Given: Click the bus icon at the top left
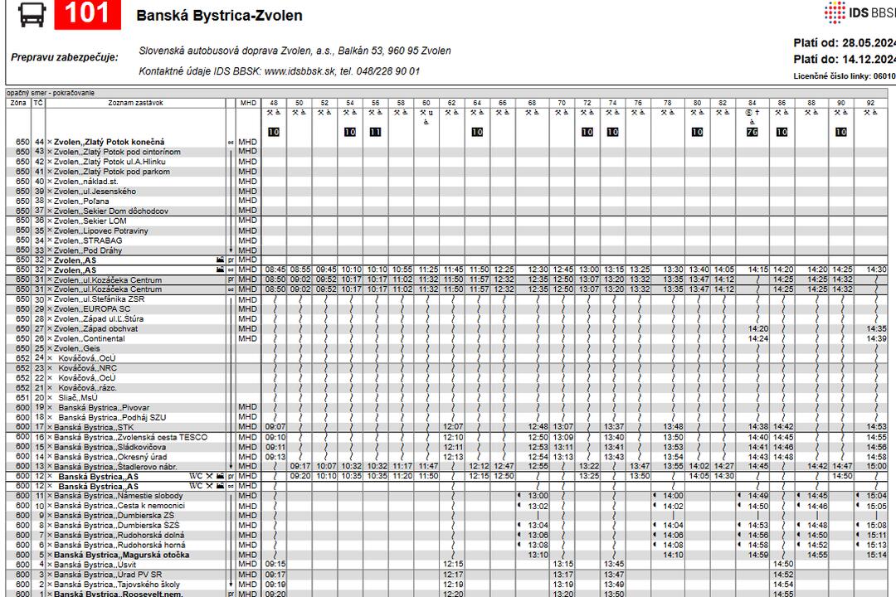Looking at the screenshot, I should tap(32, 14).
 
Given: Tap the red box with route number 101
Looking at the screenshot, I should tap(87, 14).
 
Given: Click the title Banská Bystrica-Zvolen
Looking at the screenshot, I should tap(219, 16).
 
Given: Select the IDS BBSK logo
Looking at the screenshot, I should tap(859, 13).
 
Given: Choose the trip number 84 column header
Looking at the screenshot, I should tap(752, 103).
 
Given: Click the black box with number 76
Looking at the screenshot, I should tap(752, 132).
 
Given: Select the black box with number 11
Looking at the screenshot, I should tap(375, 132).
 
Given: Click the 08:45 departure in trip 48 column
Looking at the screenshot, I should tap(275, 269).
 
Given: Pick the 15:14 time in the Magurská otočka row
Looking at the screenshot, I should tap(876, 555).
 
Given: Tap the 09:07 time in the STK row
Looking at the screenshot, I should tap(275, 427).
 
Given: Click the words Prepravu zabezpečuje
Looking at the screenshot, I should tap(65, 57).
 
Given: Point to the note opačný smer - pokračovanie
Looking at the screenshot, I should tap(51, 93).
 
